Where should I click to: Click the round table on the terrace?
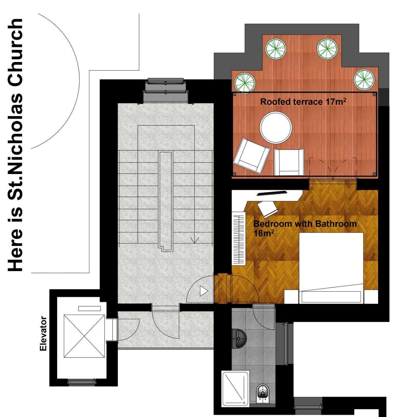point(276,128)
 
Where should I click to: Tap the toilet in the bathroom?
point(263,393)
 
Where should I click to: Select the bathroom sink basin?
point(240,339)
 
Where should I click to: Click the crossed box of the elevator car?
point(84,336)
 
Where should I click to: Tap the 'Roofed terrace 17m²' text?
point(303,102)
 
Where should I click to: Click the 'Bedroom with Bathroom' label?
point(305,224)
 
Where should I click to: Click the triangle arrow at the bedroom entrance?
point(204,291)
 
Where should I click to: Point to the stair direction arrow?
point(194,240)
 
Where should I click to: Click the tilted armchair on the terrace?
point(251,156)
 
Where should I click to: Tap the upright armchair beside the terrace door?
point(289,162)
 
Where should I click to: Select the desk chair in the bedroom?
point(267,209)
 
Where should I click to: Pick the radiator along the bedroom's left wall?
point(239,238)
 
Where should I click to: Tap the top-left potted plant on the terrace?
point(276,49)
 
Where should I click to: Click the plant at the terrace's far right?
point(364,80)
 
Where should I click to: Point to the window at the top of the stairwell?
point(165,91)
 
